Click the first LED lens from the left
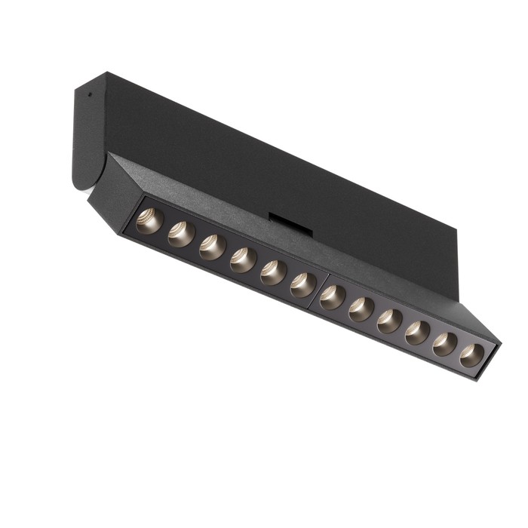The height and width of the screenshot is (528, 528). (x=149, y=221)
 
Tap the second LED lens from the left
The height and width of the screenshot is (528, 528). (x=181, y=234)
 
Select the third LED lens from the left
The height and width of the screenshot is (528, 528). (x=212, y=247)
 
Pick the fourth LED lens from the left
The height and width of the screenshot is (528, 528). (x=243, y=259)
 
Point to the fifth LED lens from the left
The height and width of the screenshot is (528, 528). (x=273, y=272)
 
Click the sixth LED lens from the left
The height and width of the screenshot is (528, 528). (x=303, y=284)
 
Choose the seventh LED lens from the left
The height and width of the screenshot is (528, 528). (x=333, y=296)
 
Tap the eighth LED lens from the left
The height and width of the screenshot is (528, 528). (x=361, y=308)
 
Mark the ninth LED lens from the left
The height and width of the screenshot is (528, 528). (x=389, y=320)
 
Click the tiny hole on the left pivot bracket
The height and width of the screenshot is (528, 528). (x=88, y=96)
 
